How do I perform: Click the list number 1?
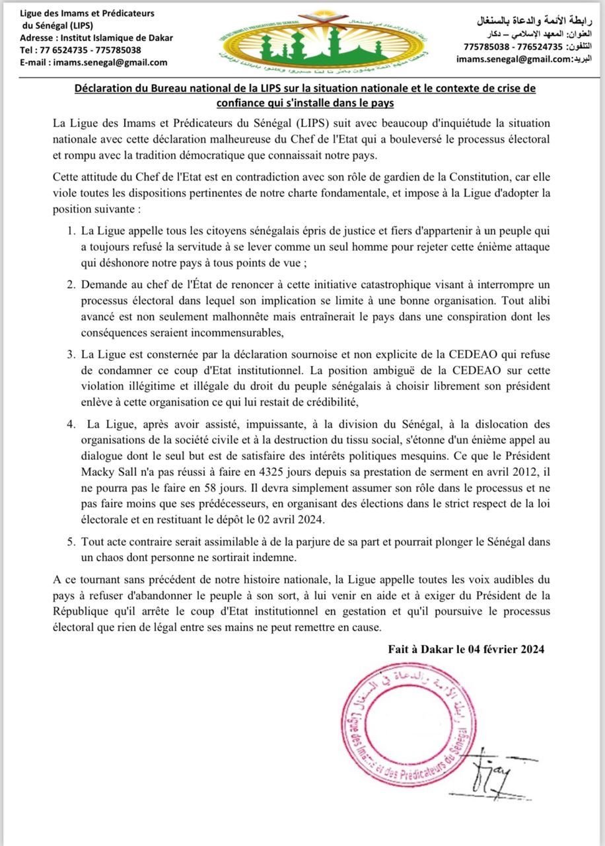coord(71,232)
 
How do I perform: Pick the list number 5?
coord(71,541)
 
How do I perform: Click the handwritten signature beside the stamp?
coord(493,769)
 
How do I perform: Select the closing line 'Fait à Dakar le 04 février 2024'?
coord(466,649)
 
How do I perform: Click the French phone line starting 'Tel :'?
coord(81,50)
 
